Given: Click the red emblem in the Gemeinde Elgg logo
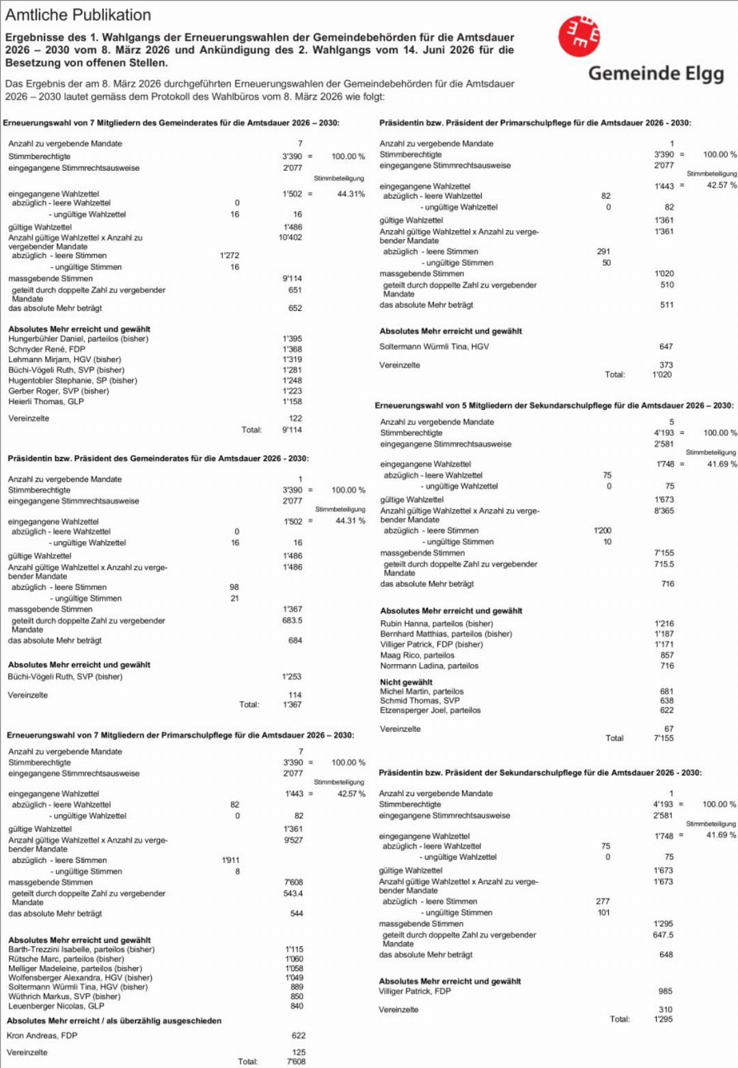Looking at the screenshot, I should pos(579,36).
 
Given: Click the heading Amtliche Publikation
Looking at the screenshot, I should pos(78,15).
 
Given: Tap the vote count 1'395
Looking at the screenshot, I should pos(292,339).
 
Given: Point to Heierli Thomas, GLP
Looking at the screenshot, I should pos(46,402).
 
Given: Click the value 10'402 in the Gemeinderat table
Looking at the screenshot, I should pos(290,238).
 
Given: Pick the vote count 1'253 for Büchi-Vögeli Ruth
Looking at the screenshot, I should pos(292,676).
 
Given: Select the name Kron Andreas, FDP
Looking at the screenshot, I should pos(42,1035).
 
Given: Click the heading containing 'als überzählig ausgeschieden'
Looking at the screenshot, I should pos(114,1021).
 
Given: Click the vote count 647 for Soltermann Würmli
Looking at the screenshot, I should pos(666,346).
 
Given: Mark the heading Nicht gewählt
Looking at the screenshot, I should pos(406,682).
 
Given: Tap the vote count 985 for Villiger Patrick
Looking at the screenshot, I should pos(665,991).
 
